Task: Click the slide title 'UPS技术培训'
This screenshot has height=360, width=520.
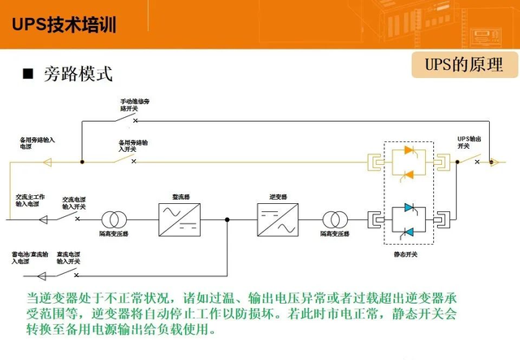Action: click(x=64, y=24)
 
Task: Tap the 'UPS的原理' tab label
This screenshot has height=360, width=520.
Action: click(x=464, y=64)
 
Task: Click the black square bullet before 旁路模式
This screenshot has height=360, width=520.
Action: click(x=27, y=74)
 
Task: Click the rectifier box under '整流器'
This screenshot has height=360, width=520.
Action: click(x=179, y=219)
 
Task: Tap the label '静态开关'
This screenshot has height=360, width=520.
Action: click(x=405, y=254)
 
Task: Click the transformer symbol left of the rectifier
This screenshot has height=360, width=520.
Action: click(x=114, y=219)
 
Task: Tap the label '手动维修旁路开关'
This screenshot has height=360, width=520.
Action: click(x=135, y=104)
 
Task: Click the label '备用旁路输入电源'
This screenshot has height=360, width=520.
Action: click(x=37, y=143)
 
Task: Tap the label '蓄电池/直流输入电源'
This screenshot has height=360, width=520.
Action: click(x=31, y=258)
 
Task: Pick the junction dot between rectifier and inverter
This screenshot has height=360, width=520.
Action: click(x=227, y=219)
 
